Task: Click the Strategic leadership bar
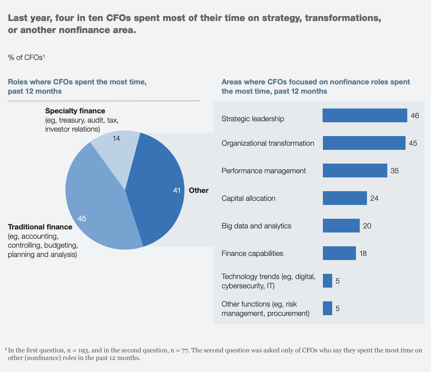[x=365, y=115]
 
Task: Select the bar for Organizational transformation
[x=364, y=143]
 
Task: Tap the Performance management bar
[x=355, y=170]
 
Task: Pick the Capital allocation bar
[x=345, y=198]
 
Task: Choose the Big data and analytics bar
[x=341, y=226]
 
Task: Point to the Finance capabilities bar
[x=339, y=253]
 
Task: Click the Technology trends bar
[x=327, y=281]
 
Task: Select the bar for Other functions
[x=327, y=308]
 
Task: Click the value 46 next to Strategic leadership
[x=415, y=116]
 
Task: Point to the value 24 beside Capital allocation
[x=374, y=198]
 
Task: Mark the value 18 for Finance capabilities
[x=363, y=254]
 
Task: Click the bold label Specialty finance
[x=75, y=111]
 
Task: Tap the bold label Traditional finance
[x=40, y=227]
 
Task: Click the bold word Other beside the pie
[x=199, y=190]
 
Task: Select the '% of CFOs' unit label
[x=26, y=58]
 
